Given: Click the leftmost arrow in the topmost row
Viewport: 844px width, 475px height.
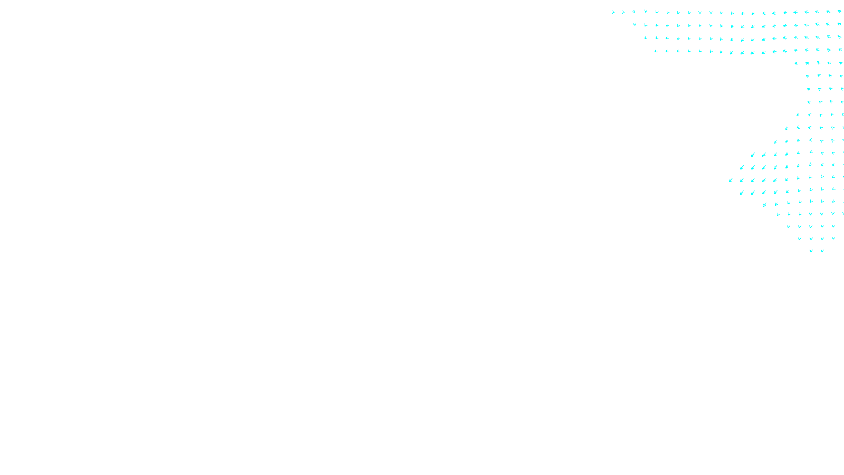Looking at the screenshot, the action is click(613, 12).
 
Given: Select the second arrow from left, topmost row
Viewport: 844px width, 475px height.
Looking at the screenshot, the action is click(623, 12).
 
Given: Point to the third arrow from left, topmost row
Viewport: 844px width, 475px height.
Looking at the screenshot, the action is click(634, 12).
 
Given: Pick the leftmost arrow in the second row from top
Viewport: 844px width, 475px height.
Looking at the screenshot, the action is click(635, 24).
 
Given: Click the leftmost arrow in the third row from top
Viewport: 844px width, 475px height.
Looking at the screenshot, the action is click(645, 38).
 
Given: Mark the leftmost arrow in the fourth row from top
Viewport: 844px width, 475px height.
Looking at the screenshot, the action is click(656, 51).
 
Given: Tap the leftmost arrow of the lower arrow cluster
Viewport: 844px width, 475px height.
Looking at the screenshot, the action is click(731, 180).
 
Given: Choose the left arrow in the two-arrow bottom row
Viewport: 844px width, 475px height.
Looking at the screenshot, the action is click(811, 251).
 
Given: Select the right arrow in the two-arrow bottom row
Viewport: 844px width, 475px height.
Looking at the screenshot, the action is click(822, 251).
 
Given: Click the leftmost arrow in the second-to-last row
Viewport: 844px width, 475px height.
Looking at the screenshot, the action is click(800, 239).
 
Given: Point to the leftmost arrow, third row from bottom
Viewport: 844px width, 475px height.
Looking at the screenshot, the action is click(789, 226).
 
